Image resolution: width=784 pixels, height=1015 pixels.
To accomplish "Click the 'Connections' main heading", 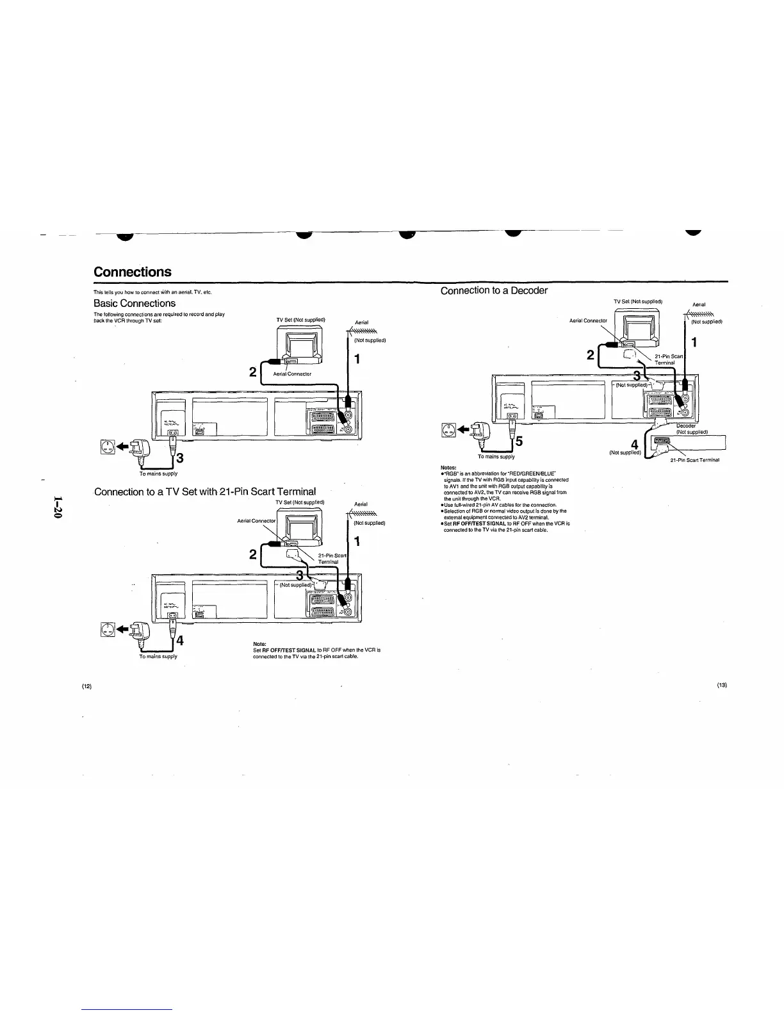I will point(133,272).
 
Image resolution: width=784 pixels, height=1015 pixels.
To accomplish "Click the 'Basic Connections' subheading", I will point(134,303).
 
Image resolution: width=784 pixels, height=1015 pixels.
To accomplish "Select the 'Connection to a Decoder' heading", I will point(494,290).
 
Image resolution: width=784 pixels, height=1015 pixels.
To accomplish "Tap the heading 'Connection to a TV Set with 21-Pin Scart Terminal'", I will point(204,491).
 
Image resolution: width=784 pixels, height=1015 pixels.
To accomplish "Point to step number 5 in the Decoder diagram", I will point(519,441).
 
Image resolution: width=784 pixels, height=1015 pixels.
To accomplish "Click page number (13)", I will point(722,685).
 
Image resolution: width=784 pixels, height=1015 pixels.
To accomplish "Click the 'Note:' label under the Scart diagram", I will point(260,644).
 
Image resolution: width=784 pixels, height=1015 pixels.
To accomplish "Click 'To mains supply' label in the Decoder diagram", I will point(496,457).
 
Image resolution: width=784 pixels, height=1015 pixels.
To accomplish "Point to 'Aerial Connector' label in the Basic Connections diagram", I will point(292,374).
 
